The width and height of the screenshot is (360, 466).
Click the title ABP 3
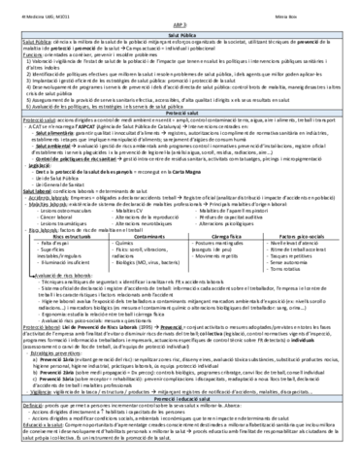(180, 22)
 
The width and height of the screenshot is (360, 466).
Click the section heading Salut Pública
(180, 32)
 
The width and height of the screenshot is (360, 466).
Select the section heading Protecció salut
(180, 139)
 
